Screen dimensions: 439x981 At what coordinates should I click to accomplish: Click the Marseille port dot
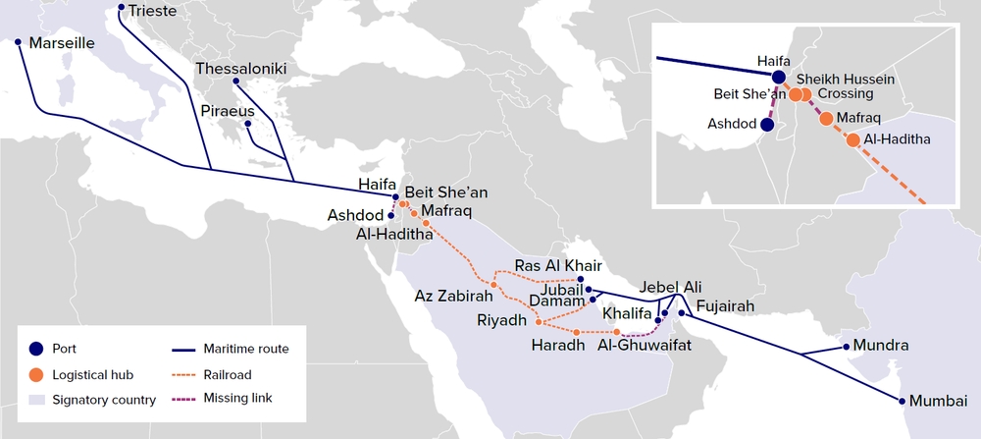18,42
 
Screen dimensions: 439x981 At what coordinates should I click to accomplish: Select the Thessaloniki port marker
236,82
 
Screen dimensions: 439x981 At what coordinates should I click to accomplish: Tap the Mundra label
881,346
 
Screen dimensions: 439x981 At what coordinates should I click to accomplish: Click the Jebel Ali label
671,286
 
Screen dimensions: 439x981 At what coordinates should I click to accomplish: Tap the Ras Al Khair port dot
581,279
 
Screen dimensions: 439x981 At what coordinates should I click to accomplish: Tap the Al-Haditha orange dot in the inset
852,139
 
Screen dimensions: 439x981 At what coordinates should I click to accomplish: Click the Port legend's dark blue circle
36,348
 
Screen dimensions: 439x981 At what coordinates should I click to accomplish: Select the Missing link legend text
238,398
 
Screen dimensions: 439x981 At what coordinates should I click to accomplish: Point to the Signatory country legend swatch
36,400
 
